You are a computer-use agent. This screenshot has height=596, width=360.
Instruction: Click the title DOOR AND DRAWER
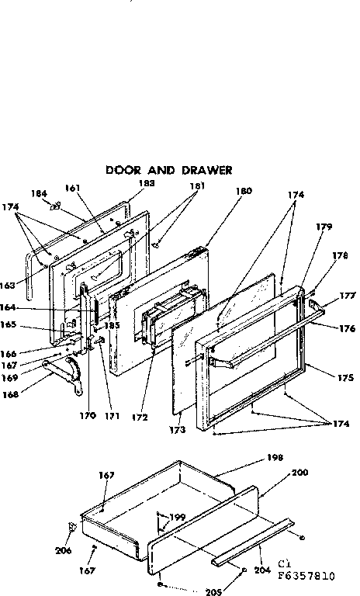click(168, 169)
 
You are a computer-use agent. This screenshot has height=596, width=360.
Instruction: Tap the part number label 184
click(39, 194)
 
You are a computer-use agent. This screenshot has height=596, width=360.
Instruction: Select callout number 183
click(146, 183)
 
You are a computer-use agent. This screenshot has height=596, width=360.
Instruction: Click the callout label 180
click(244, 191)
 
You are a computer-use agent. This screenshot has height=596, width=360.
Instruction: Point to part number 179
click(324, 227)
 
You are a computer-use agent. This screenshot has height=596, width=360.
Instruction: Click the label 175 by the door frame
click(346, 377)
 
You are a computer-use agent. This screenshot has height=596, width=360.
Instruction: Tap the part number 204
click(261, 570)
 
